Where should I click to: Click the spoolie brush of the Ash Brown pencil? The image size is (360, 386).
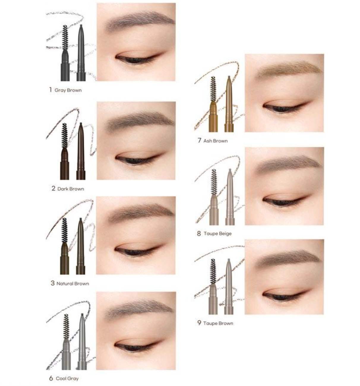(x=213, y=89)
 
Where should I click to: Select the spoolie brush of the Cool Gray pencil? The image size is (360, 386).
(x=66, y=326)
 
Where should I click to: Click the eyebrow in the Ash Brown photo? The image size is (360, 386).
(x=288, y=69)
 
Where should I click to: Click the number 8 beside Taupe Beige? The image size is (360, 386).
(x=199, y=234)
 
